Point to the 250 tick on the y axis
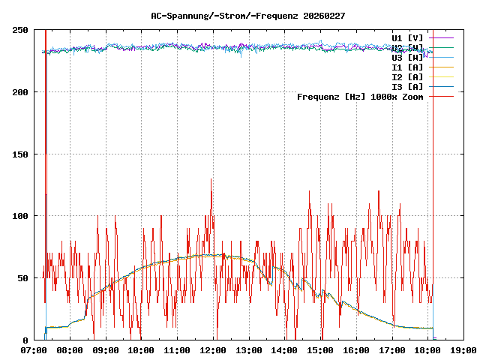click(x=20, y=30)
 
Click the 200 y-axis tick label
click(x=20, y=92)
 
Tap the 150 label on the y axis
click(x=20, y=154)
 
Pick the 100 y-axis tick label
click(x=20, y=216)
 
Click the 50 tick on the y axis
click(x=22, y=278)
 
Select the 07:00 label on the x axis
click(x=34, y=350)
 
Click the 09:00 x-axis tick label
click(x=105, y=350)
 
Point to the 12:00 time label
click(x=213, y=350)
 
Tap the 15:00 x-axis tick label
click(x=320, y=350)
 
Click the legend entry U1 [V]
click(x=407, y=37)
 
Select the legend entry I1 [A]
click(x=407, y=67)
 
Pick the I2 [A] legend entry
click(x=407, y=76)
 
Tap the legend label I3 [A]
click(x=407, y=86)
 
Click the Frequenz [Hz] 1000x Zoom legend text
click(x=360, y=97)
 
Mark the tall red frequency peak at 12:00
click(x=211, y=180)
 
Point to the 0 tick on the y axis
click(x=25, y=340)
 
